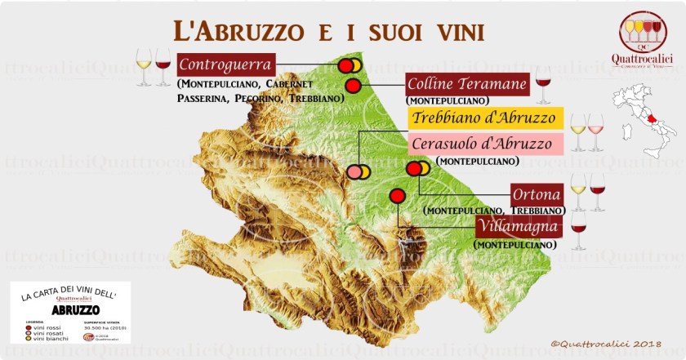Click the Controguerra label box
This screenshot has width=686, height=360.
[x=226, y=64]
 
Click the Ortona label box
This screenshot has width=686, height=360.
[x=537, y=195]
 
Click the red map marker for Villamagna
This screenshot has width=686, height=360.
[x=397, y=196]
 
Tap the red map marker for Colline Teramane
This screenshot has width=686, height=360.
[x=353, y=85]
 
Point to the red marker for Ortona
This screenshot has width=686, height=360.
[x=413, y=169]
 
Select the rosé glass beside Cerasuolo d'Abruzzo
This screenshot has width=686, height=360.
[x=596, y=131]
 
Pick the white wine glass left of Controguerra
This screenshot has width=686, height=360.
[x=144, y=66]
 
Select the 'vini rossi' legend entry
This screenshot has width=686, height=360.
[x=40, y=326]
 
